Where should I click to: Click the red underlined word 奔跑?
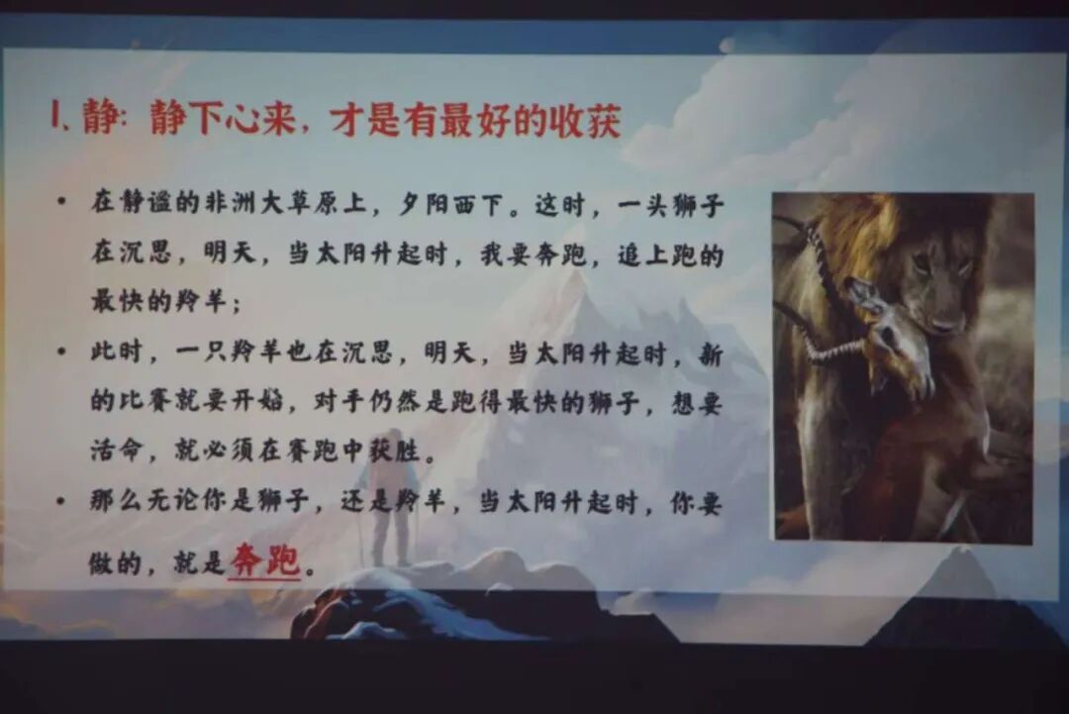(x=263, y=562)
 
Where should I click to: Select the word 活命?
(x=117, y=454)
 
